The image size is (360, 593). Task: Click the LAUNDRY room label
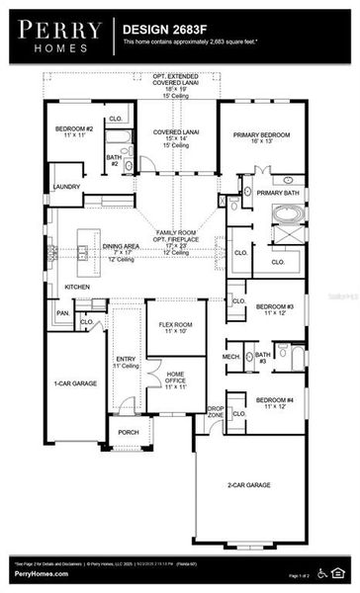tap(67, 186)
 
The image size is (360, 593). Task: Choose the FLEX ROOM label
tap(175, 323)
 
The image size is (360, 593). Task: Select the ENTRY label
tap(126, 359)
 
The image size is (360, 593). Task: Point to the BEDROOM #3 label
tap(275, 307)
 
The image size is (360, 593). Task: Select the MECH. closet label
tap(231, 356)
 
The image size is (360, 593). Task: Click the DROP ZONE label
tap(215, 412)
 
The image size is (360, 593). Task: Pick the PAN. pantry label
tap(62, 314)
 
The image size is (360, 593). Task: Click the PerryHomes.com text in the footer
tap(43, 574)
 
